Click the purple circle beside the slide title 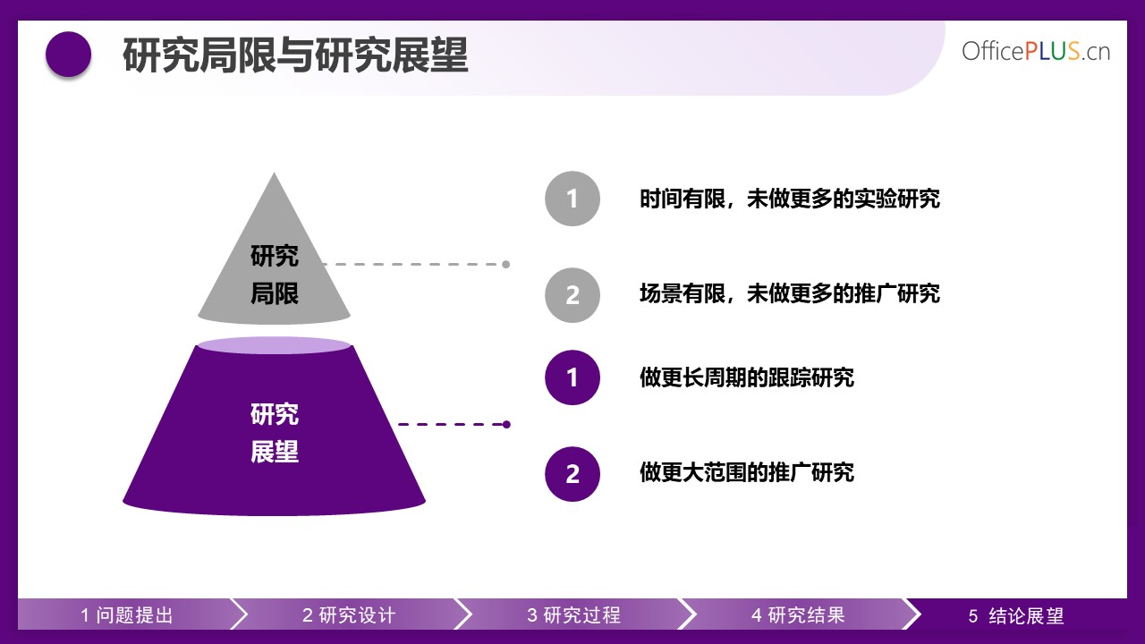coord(69,55)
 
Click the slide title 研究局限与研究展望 coord(295,55)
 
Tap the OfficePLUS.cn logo coord(1036,52)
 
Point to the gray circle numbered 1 coord(572,199)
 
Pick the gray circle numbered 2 coord(572,295)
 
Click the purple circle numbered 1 coord(572,377)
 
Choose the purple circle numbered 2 coord(572,474)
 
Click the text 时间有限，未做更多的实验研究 coord(790,199)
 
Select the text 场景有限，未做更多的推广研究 coord(790,294)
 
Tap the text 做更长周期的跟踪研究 coord(747,377)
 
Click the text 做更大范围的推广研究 coord(747,472)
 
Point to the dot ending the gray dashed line coord(506,264)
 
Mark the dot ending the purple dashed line coord(506,424)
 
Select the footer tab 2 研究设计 coord(349,614)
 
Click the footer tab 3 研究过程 coord(574,614)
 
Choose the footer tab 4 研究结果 coord(798,614)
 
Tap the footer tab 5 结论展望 coord(1016,614)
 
